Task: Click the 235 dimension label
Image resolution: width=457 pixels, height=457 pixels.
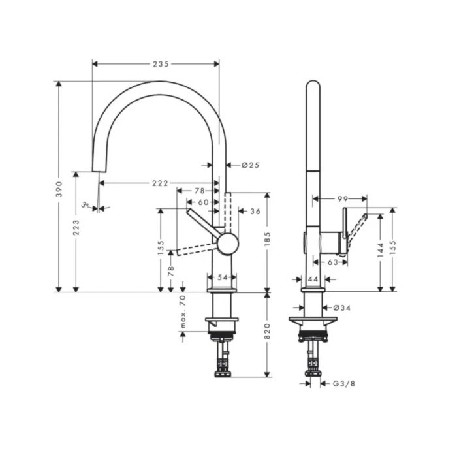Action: (161, 64)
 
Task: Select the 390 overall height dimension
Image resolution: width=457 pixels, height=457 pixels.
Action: (59, 189)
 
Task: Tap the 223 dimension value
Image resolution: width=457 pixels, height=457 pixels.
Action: (76, 227)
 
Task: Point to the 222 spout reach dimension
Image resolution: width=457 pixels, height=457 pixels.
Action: (160, 183)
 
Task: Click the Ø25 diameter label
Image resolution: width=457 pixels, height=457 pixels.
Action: (250, 165)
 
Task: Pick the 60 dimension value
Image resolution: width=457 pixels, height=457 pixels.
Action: (204, 202)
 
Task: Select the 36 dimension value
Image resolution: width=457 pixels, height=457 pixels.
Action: (255, 211)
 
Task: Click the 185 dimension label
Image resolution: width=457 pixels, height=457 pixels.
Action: (266, 243)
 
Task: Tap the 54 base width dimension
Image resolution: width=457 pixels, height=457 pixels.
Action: (223, 277)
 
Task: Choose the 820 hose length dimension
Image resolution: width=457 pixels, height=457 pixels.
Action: (266, 334)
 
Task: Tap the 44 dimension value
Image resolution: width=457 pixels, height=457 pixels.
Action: (313, 279)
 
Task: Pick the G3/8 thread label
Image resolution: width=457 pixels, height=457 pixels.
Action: (344, 384)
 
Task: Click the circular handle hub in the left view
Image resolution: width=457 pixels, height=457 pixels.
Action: (228, 244)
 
